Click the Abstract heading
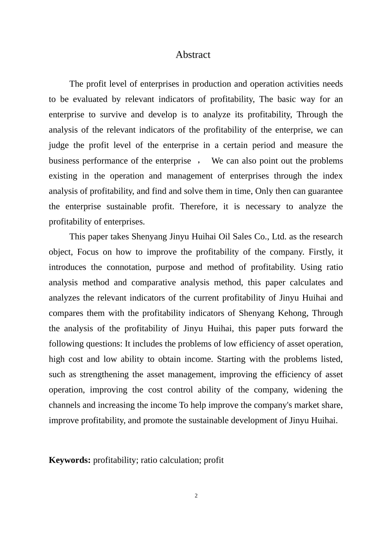click(x=193, y=55)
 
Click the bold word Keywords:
click(x=69, y=460)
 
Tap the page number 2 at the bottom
click(x=196, y=496)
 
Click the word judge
click(x=59, y=145)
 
